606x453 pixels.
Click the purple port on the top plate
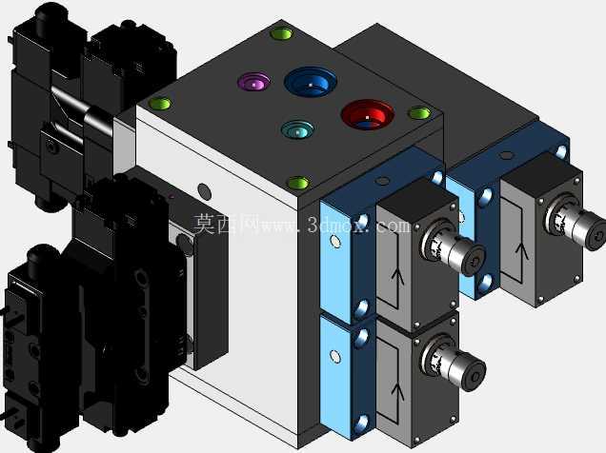click(253, 82)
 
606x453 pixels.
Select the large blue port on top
click(311, 82)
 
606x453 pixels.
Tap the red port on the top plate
click(368, 114)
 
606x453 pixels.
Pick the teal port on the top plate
click(297, 129)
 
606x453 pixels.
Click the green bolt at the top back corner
click(282, 33)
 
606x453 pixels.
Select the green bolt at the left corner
click(160, 104)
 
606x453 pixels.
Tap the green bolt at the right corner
click(419, 113)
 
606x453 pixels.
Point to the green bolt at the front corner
click(299, 184)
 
